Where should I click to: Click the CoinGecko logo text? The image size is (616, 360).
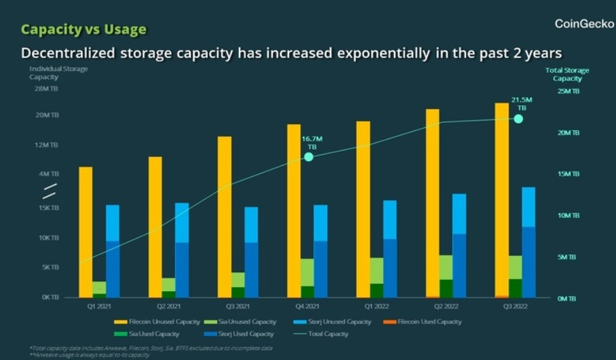tap(584, 24)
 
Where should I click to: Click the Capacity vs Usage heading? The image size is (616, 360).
tap(83, 29)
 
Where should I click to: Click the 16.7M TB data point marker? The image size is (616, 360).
tap(308, 157)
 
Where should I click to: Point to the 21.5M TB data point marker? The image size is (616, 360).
tap(518, 118)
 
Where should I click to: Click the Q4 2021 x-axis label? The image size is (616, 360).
tap(307, 306)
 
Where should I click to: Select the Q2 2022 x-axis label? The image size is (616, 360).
tap(446, 306)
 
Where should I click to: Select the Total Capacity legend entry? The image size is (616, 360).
tap(325, 333)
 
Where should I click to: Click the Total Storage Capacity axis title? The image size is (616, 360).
tap(567, 74)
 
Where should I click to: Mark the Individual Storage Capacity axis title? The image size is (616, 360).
tap(58, 72)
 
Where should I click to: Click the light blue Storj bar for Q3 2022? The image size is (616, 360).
tap(529, 207)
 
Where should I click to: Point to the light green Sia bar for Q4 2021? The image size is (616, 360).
tap(307, 272)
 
